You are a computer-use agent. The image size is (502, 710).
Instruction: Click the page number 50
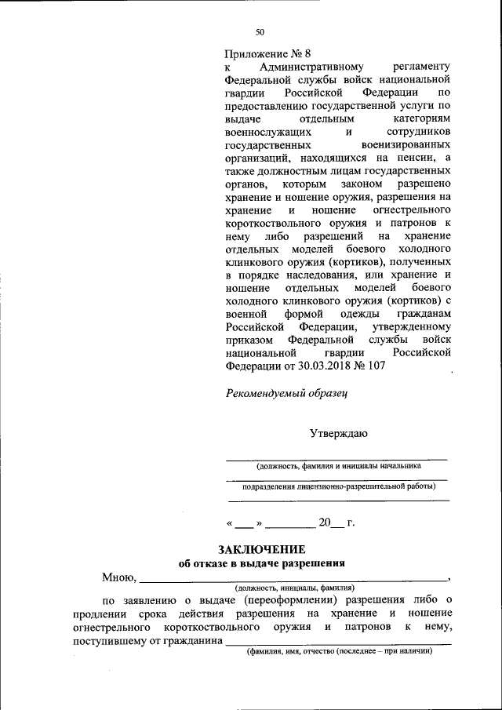(260, 32)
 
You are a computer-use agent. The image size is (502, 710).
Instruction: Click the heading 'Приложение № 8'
(267, 54)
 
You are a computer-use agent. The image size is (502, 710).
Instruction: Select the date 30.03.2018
(312, 366)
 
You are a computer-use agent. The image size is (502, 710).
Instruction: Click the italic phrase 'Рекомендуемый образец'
(286, 392)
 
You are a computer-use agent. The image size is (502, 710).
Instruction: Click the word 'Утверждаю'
(336, 432)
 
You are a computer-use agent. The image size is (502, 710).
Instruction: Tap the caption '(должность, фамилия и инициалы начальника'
(337, 465)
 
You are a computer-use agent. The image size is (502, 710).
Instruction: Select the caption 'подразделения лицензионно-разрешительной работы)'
(338, 486)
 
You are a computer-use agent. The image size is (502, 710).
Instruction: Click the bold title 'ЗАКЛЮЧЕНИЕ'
(261, 549)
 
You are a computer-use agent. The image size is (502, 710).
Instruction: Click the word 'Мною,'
(118, 578)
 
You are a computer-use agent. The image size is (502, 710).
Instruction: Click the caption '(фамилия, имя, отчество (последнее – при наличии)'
(338, 652)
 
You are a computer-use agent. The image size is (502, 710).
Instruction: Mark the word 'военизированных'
(406, 146)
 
